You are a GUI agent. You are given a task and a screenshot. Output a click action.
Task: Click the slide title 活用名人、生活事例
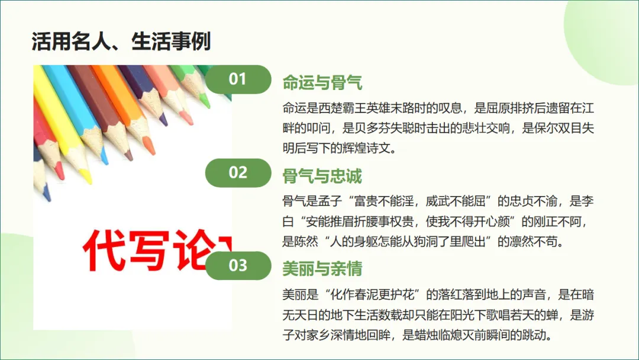pyautogui.click(x=121, y=42)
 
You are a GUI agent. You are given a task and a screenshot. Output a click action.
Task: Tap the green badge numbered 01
pyautogui.click(x=237, y=79)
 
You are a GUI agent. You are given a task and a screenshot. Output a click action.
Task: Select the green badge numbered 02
pyautogui.click(x=237, y=172)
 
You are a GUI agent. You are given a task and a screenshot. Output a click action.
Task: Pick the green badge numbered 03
pyautogui.click(x=237, y=265)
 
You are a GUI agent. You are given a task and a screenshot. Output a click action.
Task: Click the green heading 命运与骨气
pyautogui.click(x=322, y=83)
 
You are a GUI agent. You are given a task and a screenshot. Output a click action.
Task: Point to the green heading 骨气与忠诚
pyautogui.click(x=322, y=176)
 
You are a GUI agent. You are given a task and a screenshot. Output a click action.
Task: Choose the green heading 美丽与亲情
pyautogui.click(x=322, y=269)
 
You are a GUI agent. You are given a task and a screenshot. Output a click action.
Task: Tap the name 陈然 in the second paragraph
pyautogui.click(x=320, y=242)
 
